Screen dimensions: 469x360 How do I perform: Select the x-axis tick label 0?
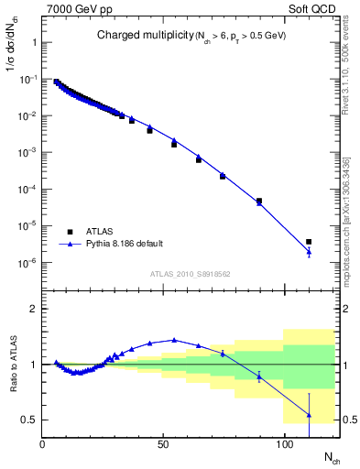[x=43, y=444]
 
